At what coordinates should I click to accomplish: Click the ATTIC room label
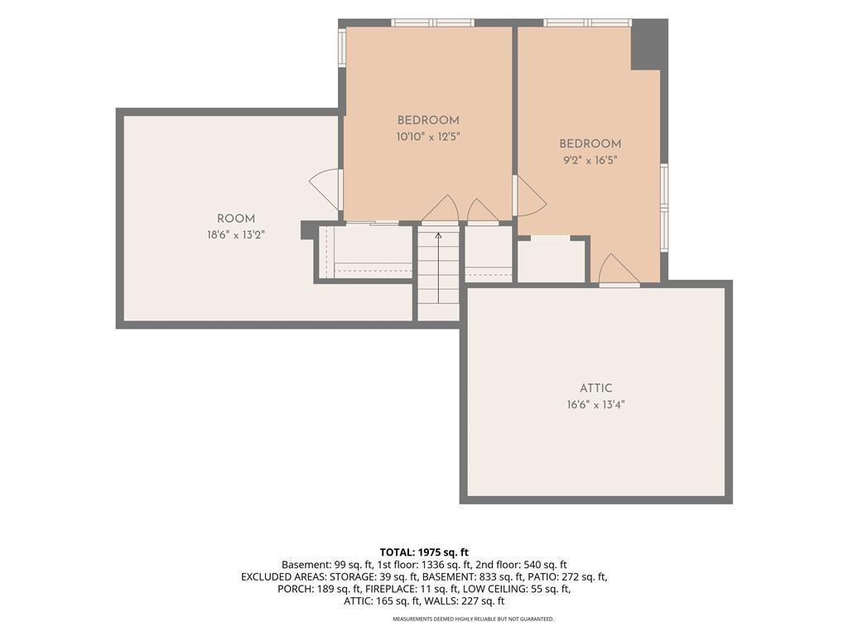click(596, 388)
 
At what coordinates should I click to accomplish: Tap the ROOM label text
click(236, 219)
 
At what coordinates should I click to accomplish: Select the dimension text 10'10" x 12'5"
click(428, 137)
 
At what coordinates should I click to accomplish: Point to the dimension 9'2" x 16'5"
click(590, 160)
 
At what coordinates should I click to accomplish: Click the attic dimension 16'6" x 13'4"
click(596, 404)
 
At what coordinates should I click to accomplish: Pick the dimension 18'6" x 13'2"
click(236, 235)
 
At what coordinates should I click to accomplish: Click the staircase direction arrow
click(438, 268)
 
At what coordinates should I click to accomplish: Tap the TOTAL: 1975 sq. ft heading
click(424, 552)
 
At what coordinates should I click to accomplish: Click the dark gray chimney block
click(649, 45)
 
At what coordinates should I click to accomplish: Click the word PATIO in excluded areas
click(543, 576)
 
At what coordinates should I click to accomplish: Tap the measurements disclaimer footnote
click(473, 619)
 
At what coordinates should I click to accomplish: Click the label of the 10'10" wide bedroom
click(428, 121)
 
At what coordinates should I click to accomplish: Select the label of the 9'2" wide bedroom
click(590, 144)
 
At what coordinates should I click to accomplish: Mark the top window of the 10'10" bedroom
click(432, 22)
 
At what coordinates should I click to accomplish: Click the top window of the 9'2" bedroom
click(587, 22)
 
